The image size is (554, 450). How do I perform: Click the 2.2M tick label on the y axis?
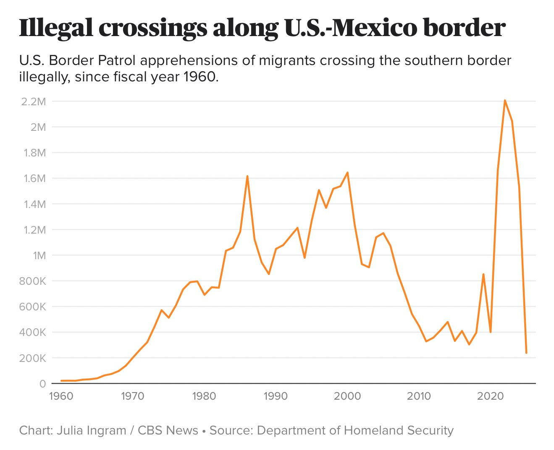click(x=33, y=101)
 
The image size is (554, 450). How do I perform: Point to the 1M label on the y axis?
click(x=39, y=255)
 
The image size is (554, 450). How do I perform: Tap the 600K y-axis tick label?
click(x=32, y=307)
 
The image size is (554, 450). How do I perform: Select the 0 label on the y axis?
click(x=42, y=384)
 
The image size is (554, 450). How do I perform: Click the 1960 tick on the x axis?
click(x=61, y=396)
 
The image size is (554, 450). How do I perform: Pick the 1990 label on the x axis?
click(x=276, y=396)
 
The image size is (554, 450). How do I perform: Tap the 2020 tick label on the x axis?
click(x=490, y=396)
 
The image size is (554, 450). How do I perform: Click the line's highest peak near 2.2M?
click(x=504, y=100)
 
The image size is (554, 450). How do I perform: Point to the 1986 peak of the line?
click(x=247, y=176)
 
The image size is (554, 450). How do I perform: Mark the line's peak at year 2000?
click(x=347, y=172)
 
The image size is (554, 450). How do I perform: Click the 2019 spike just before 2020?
click(x=483, y=274)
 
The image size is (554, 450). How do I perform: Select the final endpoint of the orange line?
click(x=526, y=353)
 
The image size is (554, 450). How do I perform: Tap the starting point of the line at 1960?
click(x=61, y=381)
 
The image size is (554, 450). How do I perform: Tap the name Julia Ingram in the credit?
click(x=92, y=430)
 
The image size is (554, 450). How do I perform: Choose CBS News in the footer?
click(x=168, y=430)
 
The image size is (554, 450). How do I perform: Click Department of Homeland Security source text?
click(x=355, y=430)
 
